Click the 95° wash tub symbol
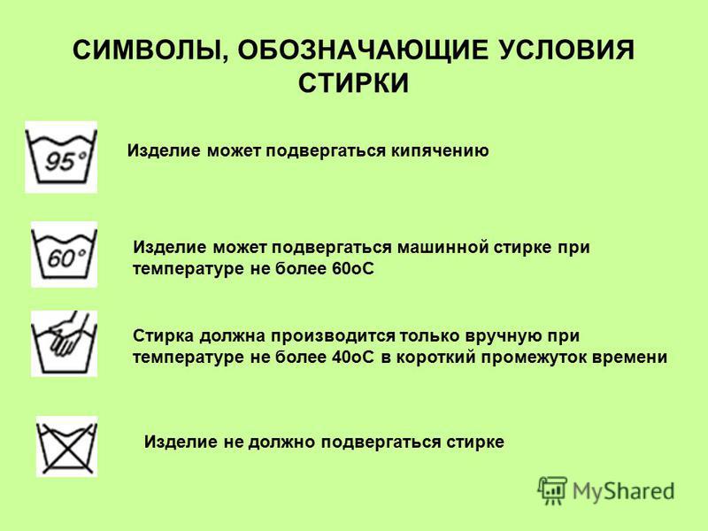(61, 157)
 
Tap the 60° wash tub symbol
(64, 254)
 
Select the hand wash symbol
(64, 343)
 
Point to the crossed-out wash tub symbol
(66, 446)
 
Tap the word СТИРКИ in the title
(353, 82)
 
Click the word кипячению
(439, 151)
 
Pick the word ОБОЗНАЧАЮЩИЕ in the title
(363, 50)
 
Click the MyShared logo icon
(551, 490)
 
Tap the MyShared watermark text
(624, 491)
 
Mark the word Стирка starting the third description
(164, 336)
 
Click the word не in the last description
(233, 442)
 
